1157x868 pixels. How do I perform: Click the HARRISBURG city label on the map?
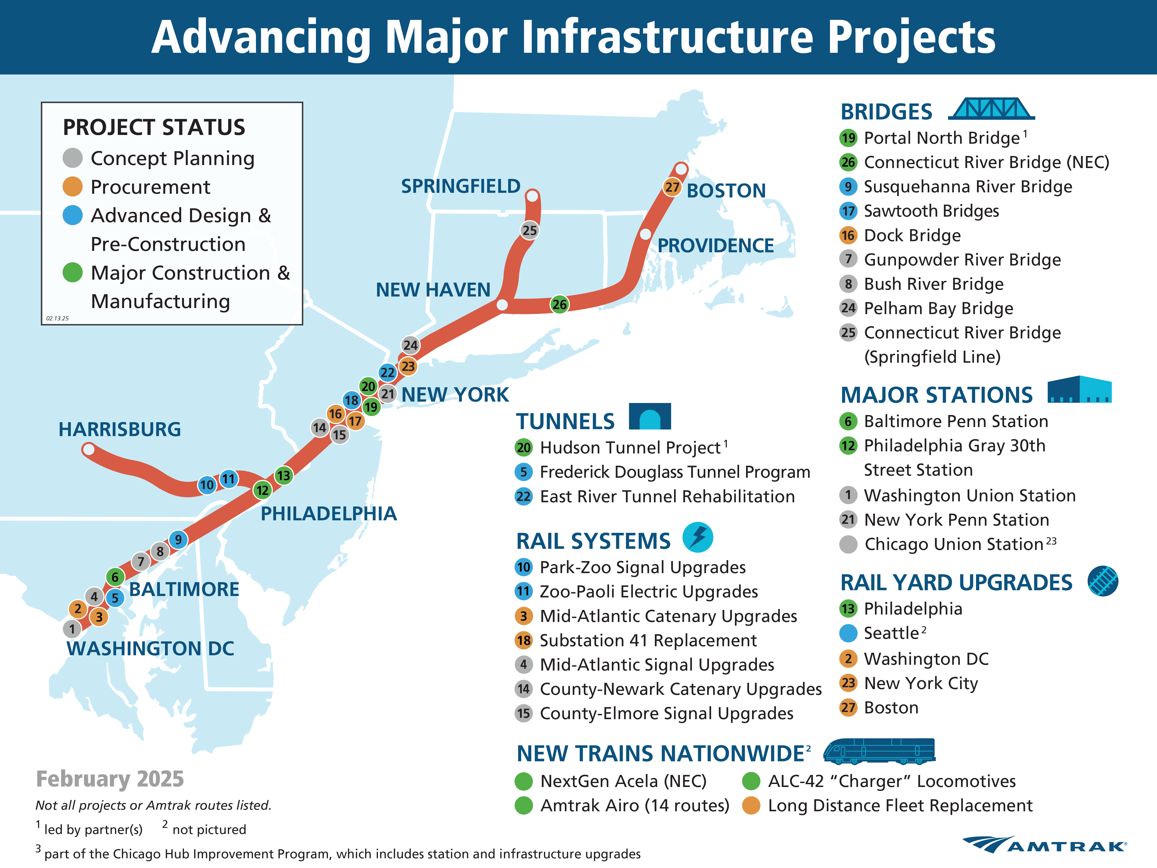(120, 430)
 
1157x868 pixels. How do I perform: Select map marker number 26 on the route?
(559, 305)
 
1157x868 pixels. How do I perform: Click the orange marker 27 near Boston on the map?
(672, 187)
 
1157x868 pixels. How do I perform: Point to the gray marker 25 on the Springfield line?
(529, 230)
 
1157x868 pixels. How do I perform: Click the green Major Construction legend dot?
(73, 272)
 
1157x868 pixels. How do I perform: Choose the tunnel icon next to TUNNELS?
(650, 416)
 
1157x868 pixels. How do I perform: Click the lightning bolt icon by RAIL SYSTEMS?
(698, 537)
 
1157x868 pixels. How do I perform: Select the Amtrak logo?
(1045, 844)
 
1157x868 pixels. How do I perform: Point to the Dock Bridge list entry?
(912, 235)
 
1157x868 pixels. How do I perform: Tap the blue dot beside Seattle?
(848, 633)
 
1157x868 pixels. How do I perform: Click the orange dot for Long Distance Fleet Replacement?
(751, 806)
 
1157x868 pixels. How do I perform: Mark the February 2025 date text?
(110, 779)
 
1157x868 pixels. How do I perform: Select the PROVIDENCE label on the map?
(715, 245)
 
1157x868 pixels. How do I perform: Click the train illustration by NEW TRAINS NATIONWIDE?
(879, 751)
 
